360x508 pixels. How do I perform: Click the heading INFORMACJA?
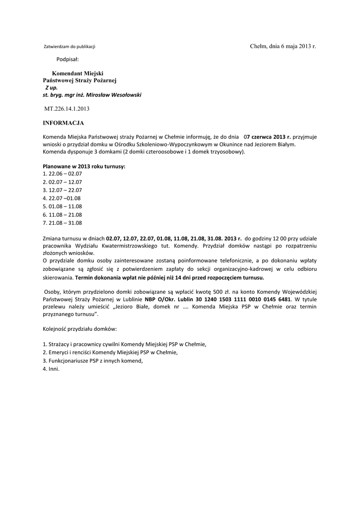click(63, 123)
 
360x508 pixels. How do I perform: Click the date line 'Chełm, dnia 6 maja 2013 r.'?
click(283, 46)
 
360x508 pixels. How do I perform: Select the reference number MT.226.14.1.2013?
click(67, 108)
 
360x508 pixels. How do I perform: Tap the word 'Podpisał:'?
click(68, 60)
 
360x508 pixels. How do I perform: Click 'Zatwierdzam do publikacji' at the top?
click(70, 47)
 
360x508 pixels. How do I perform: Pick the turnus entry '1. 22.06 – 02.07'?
click(63, 174)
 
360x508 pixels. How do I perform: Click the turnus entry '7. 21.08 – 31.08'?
click(63, 222)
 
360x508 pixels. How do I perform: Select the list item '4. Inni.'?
click(51, 369)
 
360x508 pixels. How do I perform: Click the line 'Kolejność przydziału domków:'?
click(80, 329)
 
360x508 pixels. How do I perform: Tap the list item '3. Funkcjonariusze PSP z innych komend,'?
click(93, 360)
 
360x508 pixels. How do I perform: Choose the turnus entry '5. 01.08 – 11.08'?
click(63, 206)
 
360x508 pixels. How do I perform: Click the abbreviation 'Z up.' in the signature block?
click(52, 87)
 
